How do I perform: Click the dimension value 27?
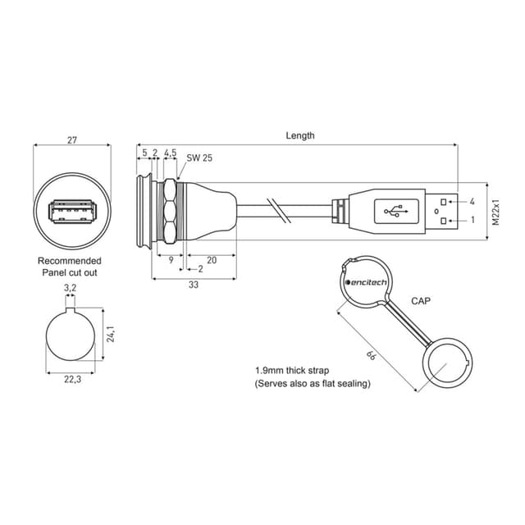(x=72, y=141)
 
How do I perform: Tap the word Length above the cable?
(x=299, y=135)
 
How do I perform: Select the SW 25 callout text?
(x=199, y=157)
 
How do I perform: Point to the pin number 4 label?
(x=472, y=201)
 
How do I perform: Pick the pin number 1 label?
(x=472, y=221)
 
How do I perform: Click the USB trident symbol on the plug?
(x=399, y=212)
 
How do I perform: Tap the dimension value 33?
(x=194, y=285)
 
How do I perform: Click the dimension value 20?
(x=212, y=259)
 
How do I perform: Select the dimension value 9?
(x=169, y=259)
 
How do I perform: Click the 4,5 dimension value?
(x=170, y=153)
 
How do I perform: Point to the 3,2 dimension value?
(x=71, y=288)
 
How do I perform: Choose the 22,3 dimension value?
(x=72, y=379)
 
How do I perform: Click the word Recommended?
(x=70, y=261)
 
